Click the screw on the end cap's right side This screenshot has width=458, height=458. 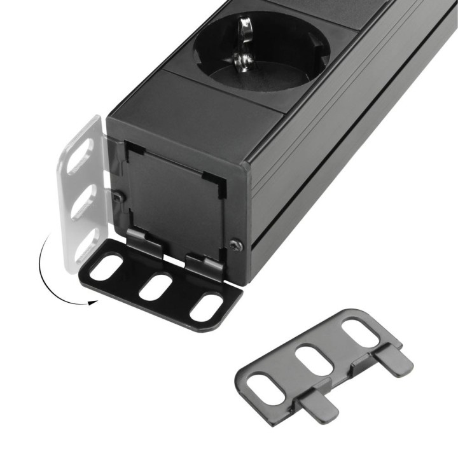pyautogui.click(x=236, y=244)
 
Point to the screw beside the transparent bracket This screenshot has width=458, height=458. pyautogui.click(x=116, y=197)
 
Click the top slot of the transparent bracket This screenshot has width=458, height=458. pyautogui.click(x=80, y=156)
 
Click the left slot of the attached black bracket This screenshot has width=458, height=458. pyautogui.click(x=109, y=267)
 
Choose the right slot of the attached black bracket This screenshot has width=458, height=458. pyautogui.click(x=207, y=307)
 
